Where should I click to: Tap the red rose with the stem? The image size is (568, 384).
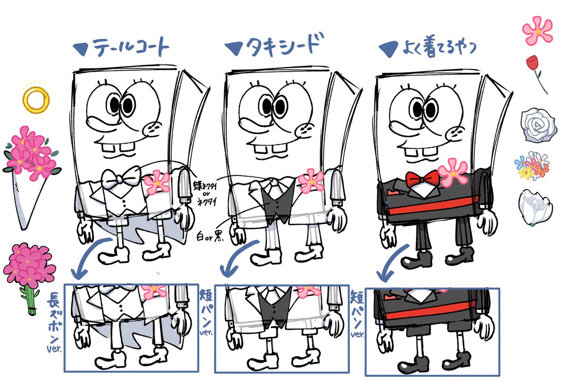pos(534,71)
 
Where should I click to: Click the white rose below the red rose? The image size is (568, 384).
pos(535,124)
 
